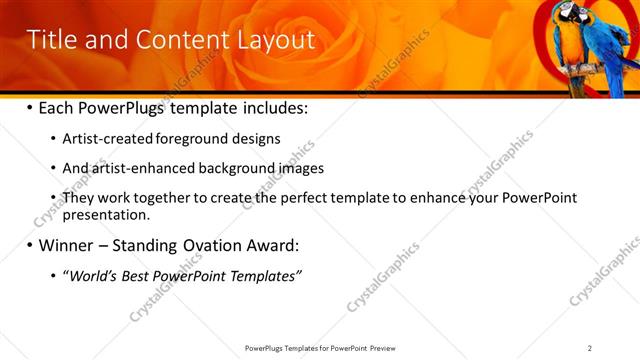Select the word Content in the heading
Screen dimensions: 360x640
[177, 39]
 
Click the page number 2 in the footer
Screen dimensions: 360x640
[590, 348]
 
